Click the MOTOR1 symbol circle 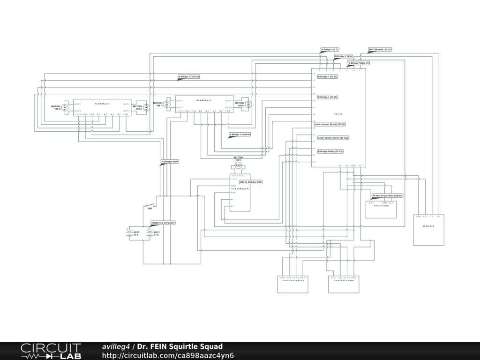[x=66, y=107]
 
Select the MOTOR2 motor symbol [x=146, y=107]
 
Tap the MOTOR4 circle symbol [x=249, y=104]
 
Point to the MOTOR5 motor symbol [x=238, y=165]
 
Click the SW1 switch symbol [x=150, y=205]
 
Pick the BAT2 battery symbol [x=149, y=233]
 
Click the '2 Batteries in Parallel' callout [x=163, y=223]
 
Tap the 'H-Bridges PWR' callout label [x=170, y=162]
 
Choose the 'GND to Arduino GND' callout [x=251, y=181]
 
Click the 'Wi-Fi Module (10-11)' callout [x=380, y=49]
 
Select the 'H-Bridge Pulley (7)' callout [x=359, y=63]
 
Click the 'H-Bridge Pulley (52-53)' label [x=330, y=151]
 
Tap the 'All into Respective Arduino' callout [x=387, y=195]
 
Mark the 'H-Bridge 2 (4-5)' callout [x=343, y=56]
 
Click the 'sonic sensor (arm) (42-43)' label [x=333, y=138]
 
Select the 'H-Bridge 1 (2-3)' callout [x=330, y=49]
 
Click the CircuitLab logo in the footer [x=51, y=351]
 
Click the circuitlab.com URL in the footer [x=168, y=355]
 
